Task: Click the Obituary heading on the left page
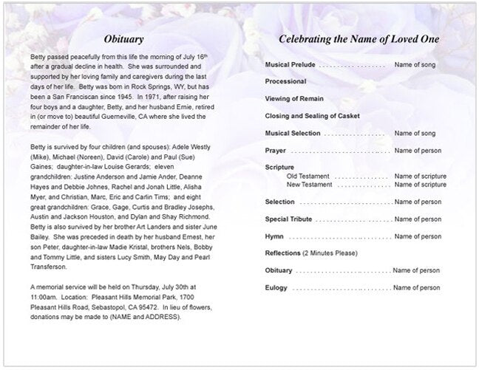tap(123, 38)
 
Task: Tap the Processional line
tap(285, 82)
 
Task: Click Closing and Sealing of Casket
tap(310, 116)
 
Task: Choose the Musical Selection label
tap(293, 133)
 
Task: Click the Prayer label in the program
tap(275, 151)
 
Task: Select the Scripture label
tap(279, 168)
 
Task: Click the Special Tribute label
tap(288, 219)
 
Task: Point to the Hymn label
tap(274, 236)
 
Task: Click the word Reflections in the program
tap(282, 253)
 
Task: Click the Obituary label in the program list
tap(279, 270)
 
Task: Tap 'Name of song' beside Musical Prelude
tap(415, 65)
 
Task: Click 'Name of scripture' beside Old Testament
tap(420, 177)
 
